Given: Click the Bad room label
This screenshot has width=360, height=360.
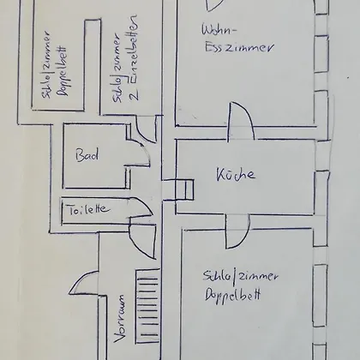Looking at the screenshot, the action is (87, 155).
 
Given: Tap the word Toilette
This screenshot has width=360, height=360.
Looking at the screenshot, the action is (89, 209).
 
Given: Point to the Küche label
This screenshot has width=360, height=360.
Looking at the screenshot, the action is (236, 174).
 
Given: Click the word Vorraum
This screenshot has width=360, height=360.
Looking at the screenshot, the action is (119, 319).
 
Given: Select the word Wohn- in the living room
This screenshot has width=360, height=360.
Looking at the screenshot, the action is (219, 29).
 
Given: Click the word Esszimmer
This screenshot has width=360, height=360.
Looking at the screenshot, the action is (239, 47).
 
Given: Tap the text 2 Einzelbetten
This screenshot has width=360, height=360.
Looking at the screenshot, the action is (134, 57).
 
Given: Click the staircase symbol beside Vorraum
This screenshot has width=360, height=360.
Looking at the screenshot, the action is (147, 306).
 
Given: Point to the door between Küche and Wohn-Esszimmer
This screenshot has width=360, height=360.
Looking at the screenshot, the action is (241, 122).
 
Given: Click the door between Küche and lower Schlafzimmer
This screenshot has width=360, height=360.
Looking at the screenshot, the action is (237, 231).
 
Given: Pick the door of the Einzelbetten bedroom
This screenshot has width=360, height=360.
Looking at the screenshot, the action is (146, 129).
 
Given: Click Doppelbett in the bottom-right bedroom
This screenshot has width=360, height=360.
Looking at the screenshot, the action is (232, 295).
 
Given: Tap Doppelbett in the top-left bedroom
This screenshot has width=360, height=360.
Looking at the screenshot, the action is (63, 71).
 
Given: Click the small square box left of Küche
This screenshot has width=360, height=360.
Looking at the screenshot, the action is (184, 189).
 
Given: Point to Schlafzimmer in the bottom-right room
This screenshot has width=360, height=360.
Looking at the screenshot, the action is (240, 276).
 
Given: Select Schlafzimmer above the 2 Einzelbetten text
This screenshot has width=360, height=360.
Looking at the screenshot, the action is (117, 68).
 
